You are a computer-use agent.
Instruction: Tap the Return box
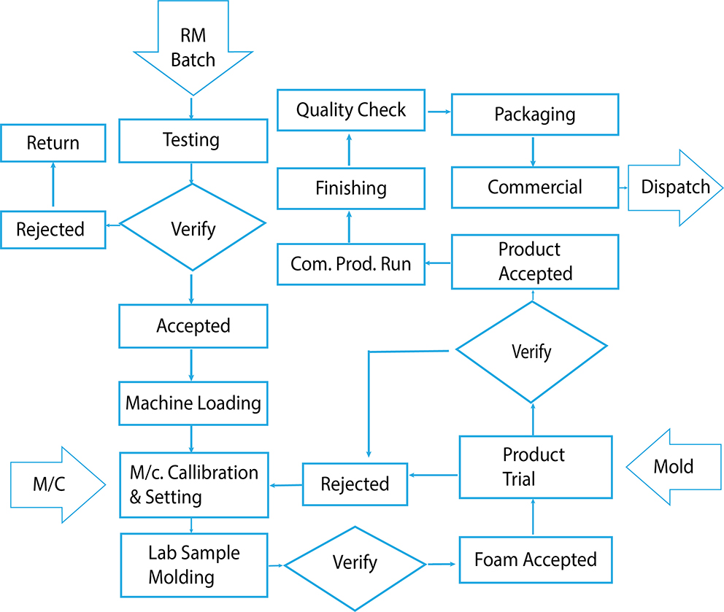tap(53, 143)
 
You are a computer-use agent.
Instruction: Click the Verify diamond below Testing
tap(193, 228)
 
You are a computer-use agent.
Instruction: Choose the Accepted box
tap(193, 325)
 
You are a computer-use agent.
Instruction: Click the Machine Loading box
tap(193, 403)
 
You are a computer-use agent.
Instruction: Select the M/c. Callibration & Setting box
tap(193, 484)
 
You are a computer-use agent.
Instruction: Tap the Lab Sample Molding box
tap(193, 565)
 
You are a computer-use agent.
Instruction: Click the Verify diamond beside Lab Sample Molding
tap(355, 564)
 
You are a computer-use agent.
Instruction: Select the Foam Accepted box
tap(536, 560)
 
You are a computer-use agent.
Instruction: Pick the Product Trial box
tap(535, 467)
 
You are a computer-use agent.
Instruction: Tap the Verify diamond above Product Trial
tap(531, 352)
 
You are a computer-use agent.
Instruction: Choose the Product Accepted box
tap(535, 261)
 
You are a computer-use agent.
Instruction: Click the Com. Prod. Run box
tap(351, 263)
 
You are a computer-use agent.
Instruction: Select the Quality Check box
tap(351, 111)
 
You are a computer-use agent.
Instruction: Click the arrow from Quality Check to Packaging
tap(439, 112)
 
